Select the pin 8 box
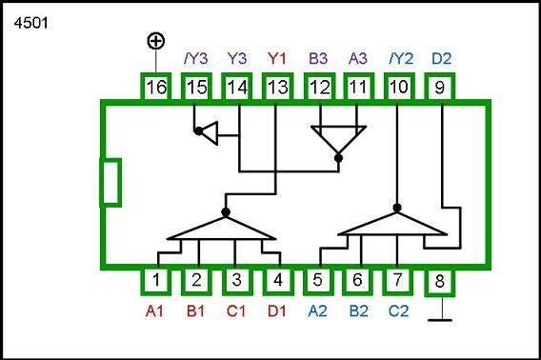[439, 281]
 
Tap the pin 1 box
[156, 281]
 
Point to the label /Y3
[195, 57]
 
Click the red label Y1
[277, 57]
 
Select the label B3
[318, 57]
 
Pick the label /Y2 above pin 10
[398, 57]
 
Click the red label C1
[236, 310]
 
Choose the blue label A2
[318, 310]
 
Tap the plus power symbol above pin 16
[156, 40]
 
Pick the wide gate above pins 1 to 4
[225, 229]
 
